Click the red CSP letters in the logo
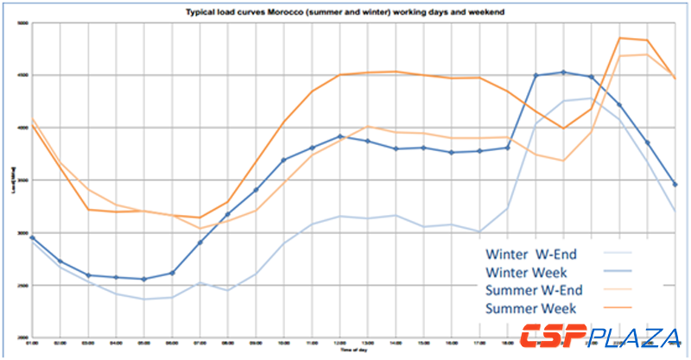pos(553,336)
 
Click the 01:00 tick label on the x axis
pos(32,344)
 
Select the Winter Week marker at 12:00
pos(340,136)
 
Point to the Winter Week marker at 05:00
pos(143,279)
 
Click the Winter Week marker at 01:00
pos(32,237)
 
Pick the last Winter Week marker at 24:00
pos(675,184)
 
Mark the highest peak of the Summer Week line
pos(619,38)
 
